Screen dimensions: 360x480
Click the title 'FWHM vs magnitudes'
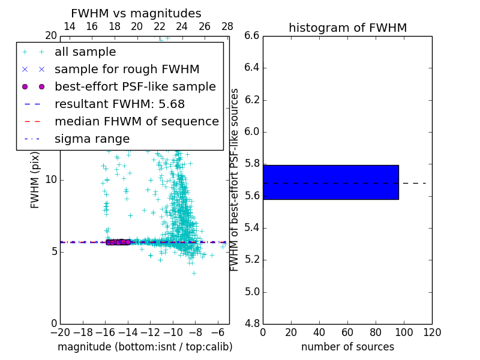click(x=136, y=13)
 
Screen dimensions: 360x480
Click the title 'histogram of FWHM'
click(x=347, y=28)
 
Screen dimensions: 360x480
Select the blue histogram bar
click(x=331, y=182)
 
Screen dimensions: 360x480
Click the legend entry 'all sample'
click(x=85, y=52)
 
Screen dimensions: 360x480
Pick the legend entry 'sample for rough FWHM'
click(x=127, y=70)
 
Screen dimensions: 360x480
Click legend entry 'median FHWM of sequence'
click(x=136, y=122)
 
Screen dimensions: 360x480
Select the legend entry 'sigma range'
click(x=92, y=139)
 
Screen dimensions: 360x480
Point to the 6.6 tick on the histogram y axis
click(x=251, y=36)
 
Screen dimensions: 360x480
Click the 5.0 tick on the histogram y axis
click(x=251, y=292)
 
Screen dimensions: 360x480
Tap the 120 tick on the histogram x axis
click(x=432, y=332)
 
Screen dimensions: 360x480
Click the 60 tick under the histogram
click(x=347, y=332)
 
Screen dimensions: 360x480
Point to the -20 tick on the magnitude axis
click(x=60, y=332)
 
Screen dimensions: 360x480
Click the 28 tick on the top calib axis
click(x=227, y=26)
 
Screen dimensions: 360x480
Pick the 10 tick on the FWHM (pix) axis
click(x=51, y=179)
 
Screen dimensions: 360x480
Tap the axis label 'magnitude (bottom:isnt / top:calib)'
click(x=145, y=347)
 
